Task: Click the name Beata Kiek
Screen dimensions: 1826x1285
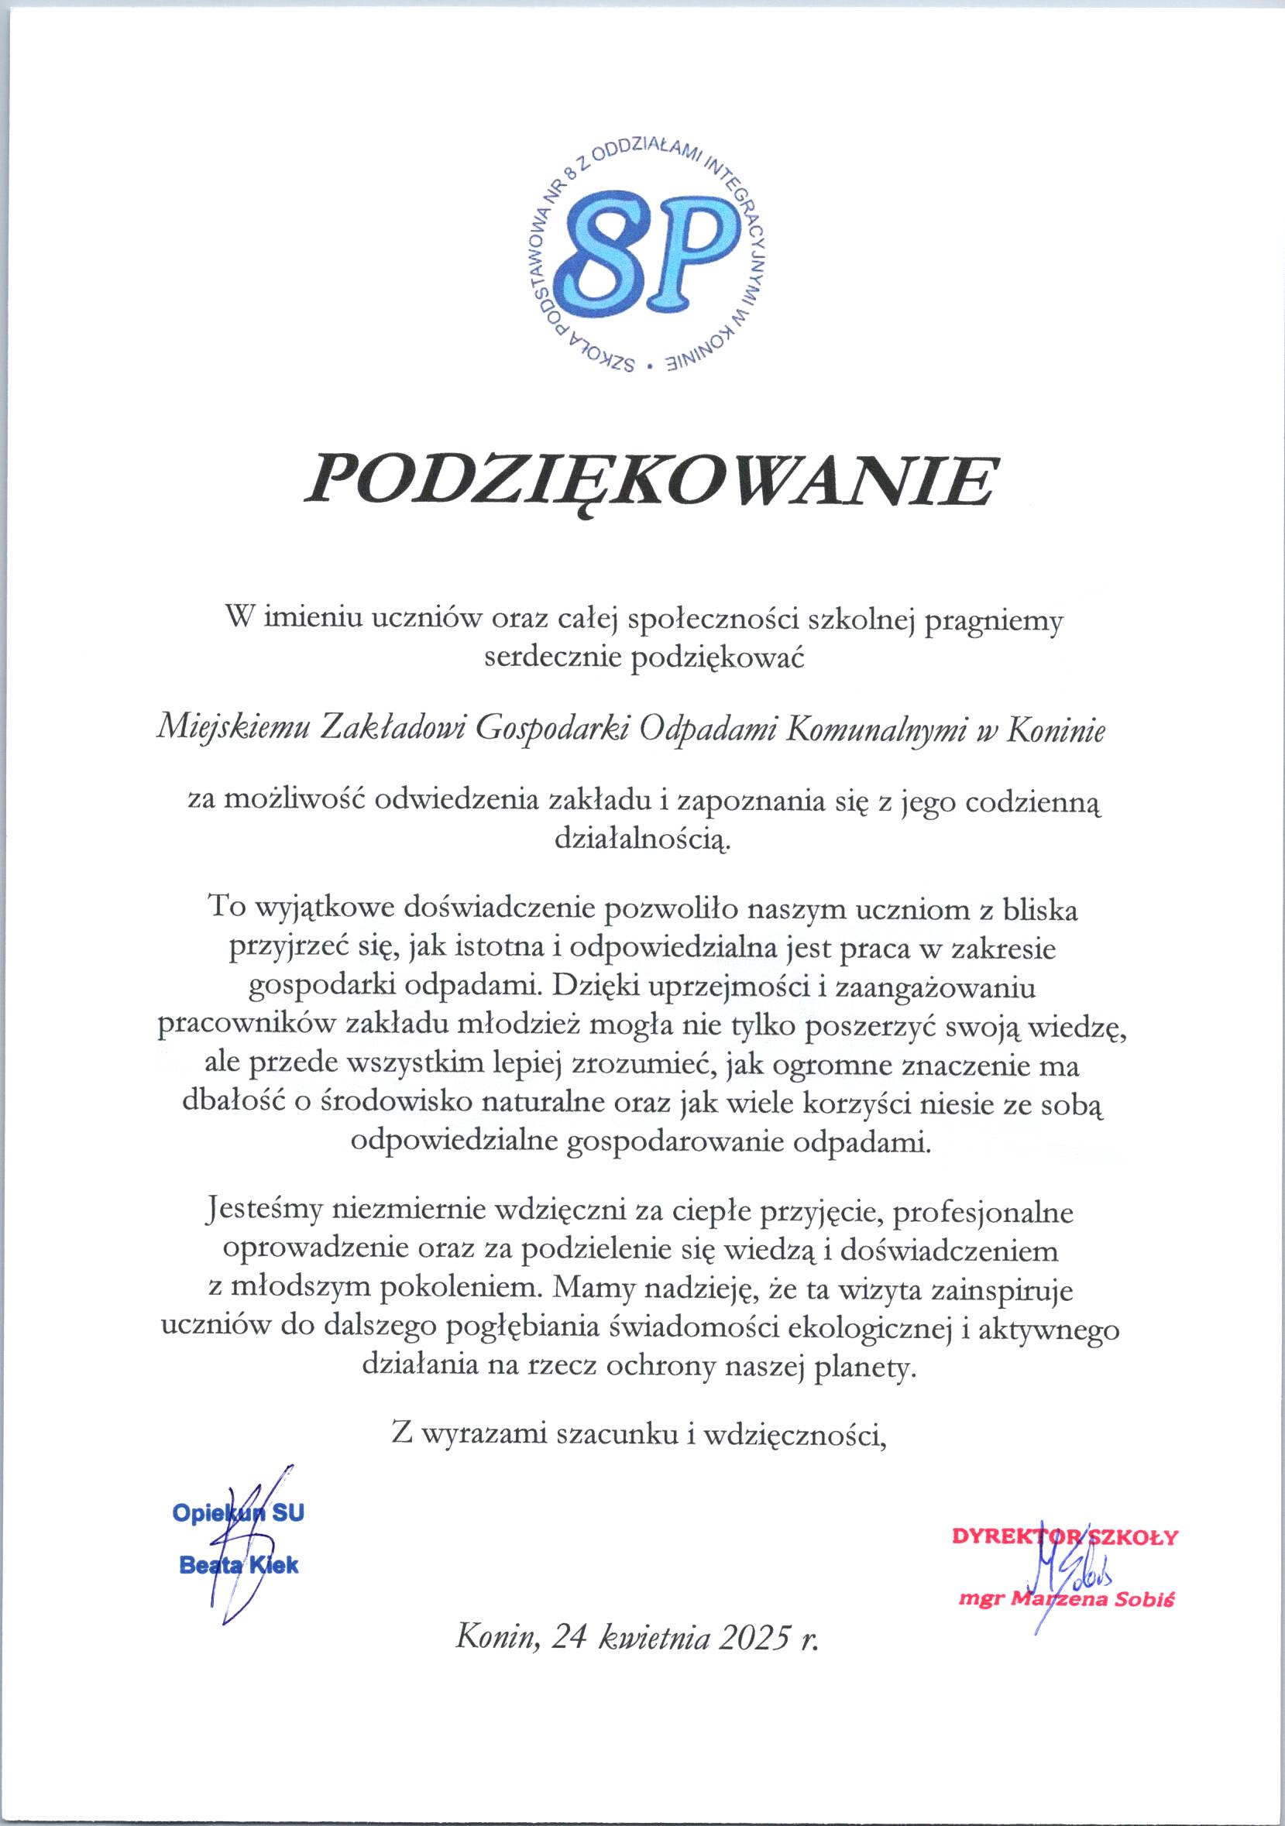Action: click(239, 1566)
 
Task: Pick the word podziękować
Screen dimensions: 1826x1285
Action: click(717, 658)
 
